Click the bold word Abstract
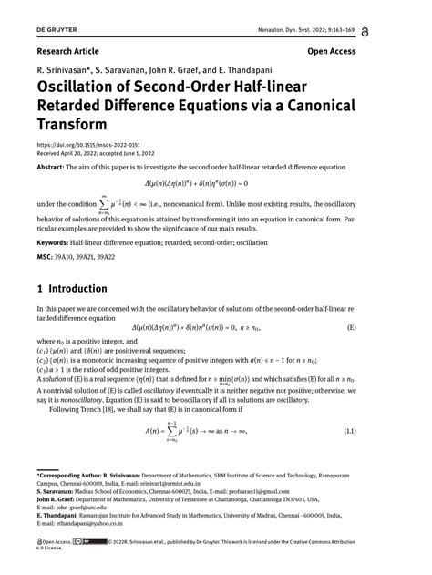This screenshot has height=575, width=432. tap(52, 168)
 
